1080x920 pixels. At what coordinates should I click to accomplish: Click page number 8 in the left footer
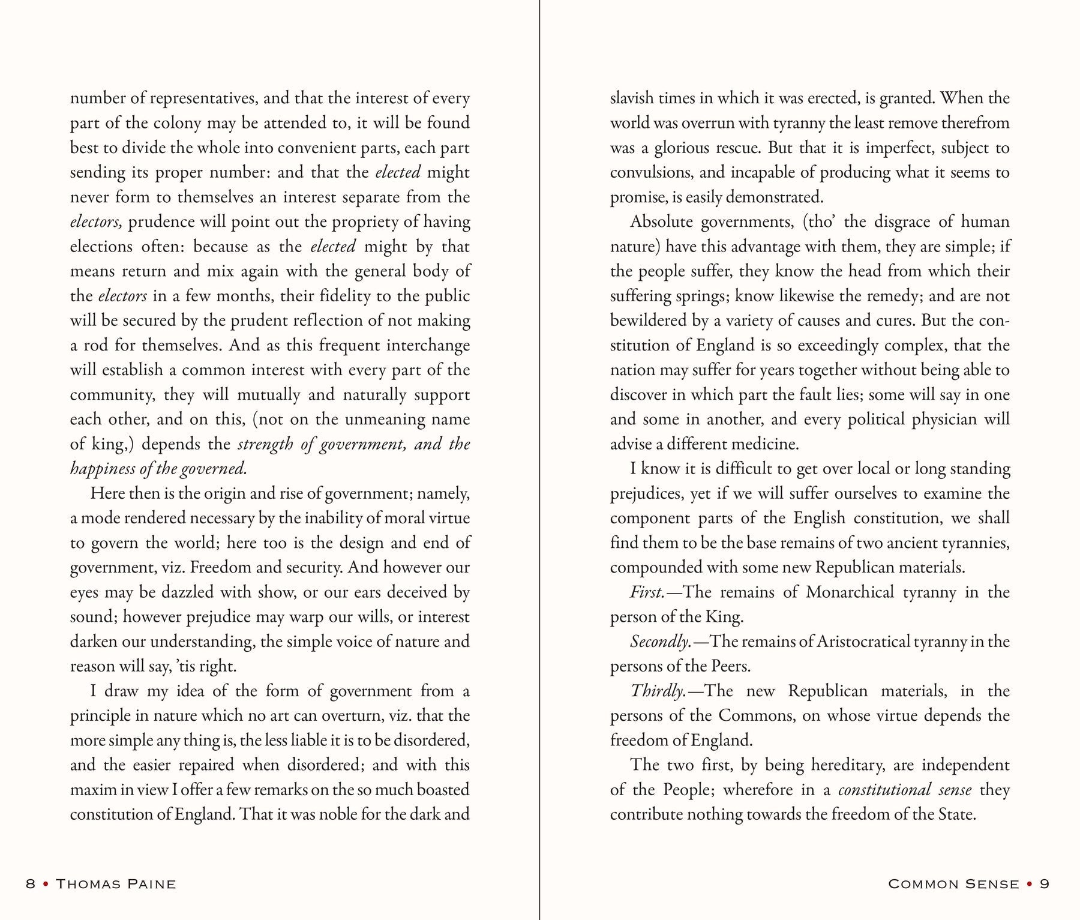click(31, 884)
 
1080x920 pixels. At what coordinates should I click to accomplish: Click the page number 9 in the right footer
click(1045, 884)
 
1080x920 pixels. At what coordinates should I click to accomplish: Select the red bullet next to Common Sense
click(1030, 884)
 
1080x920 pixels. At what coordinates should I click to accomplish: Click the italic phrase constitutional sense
click(905, 790)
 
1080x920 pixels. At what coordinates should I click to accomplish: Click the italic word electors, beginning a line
click(97, 223)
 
